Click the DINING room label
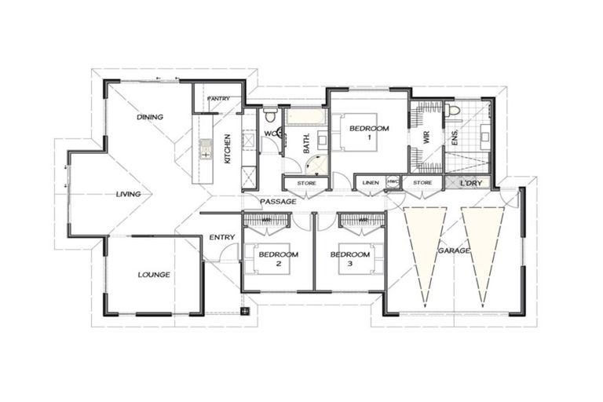click(x=150, y=117)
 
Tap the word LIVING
click(x=128, y=194)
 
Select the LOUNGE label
click(x=154, y=275)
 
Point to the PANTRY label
click(x=217, y=99)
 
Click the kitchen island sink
click(x=206, y=148)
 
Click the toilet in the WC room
click(x=270, y=117)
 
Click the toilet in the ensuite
click(x=453, y=111)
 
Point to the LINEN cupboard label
click(x=370, y=183)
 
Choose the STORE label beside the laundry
click(x=422, y=183)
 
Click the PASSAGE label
click(x=278, y=202)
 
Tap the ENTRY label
click(x=221, y=237)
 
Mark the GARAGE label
click(x=454, y=250)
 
